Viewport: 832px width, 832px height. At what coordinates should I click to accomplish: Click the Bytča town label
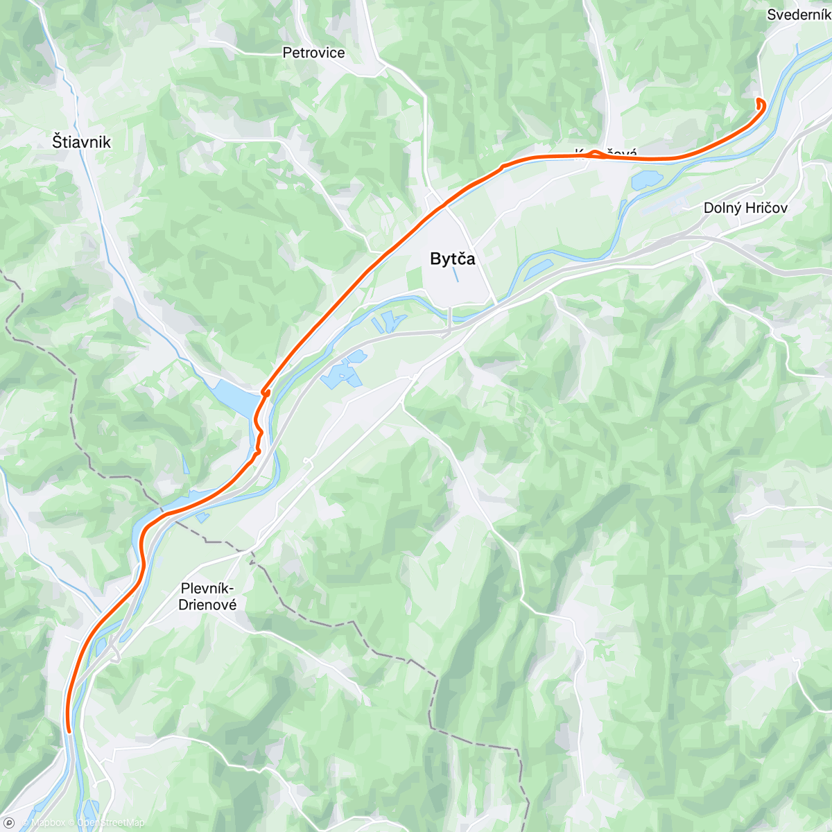click(x=452, y=259)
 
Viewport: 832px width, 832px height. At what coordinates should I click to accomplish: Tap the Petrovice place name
click(x=313, y=53)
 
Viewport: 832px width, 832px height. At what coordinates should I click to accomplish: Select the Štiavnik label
click(x=81, y=142)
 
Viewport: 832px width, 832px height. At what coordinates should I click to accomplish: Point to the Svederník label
click(x=798, y=15)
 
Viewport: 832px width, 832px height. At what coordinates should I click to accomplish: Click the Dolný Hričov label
click(x=745, y=207)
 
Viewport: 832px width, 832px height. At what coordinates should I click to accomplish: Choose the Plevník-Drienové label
click(x=207, y=596)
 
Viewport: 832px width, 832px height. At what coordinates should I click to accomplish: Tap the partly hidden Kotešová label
click(x=606, y=152)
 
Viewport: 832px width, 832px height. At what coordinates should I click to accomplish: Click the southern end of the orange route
click(x=69, y=730)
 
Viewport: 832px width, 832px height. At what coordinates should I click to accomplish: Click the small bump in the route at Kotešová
click(x=595, y=153)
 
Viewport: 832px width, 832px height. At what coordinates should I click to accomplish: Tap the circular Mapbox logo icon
click(x=8, y=823)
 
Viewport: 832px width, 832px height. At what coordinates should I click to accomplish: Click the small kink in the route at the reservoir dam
click(x=265, y=393)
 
